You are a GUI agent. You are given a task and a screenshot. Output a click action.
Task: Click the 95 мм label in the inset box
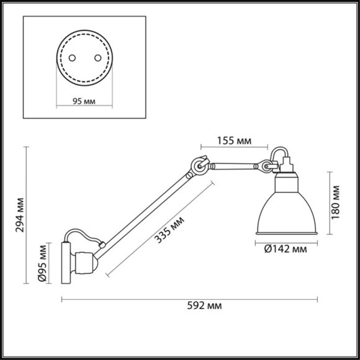coord(83,101)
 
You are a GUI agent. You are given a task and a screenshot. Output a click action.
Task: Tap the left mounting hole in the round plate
coord(72,57)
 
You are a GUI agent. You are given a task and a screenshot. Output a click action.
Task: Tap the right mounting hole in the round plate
coord(96,57)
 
